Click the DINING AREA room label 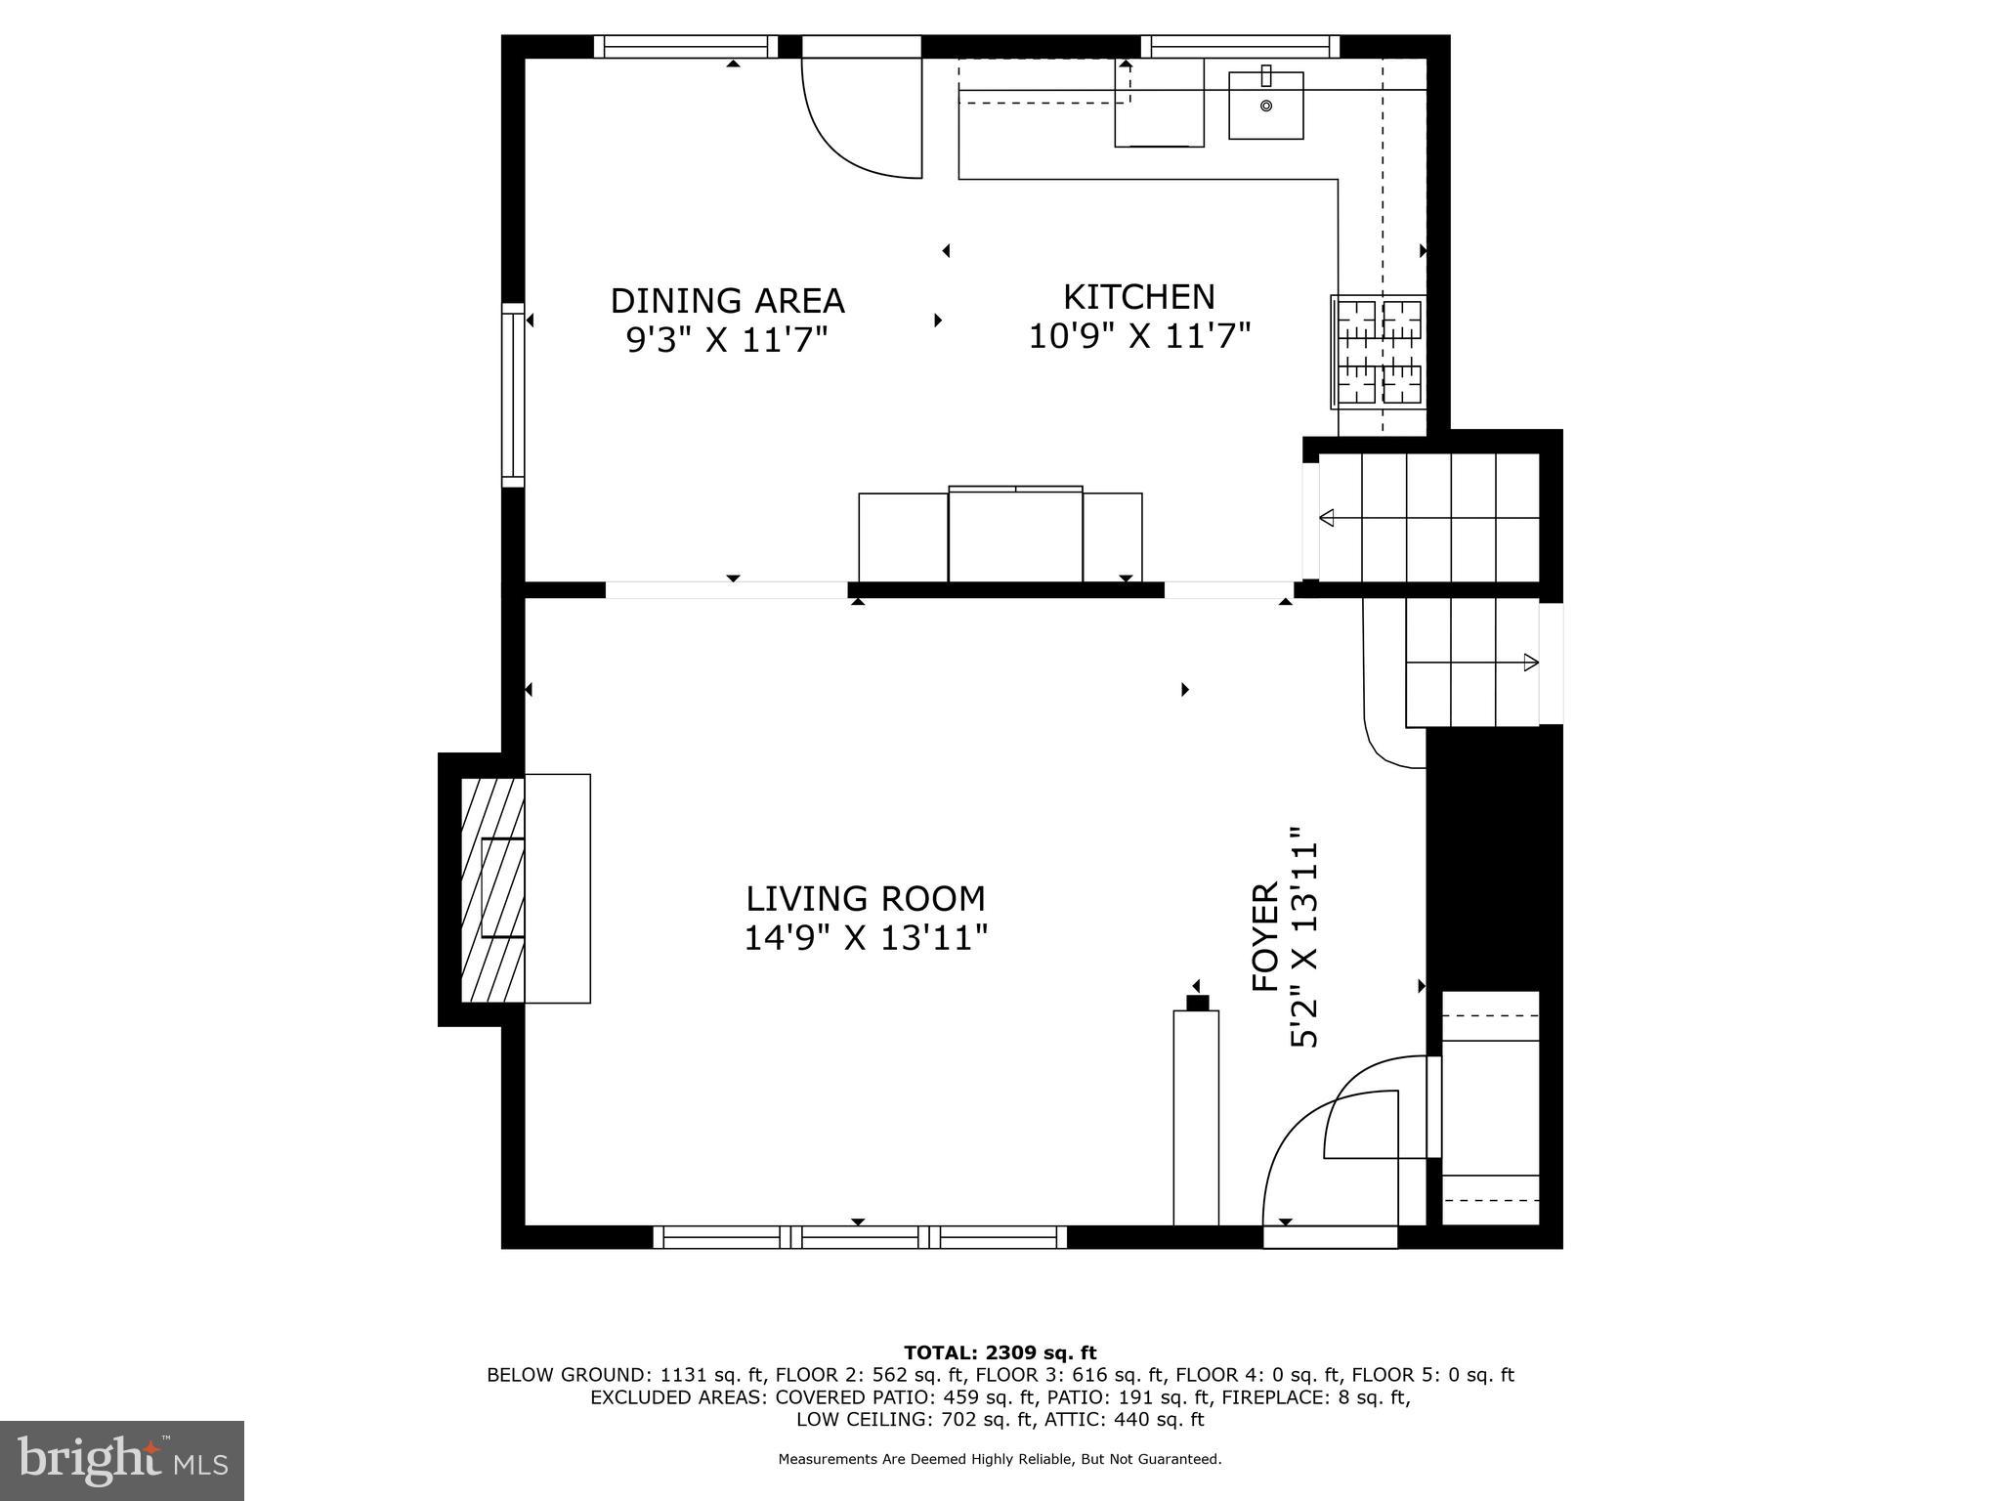727,300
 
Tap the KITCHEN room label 1138,296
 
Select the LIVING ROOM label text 865,898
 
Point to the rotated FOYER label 1265,936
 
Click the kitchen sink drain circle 1265,106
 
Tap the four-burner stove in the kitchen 1379,352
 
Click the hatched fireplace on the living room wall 492,889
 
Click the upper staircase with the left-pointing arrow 1428,517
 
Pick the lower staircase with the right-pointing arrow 1471,664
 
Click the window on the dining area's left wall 513,395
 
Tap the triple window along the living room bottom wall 859,1237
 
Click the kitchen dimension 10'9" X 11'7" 1139,337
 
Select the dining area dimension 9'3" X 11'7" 727,340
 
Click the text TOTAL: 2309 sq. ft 1000,1352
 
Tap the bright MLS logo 122,1460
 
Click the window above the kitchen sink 1240,46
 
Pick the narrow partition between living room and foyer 1196,1116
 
